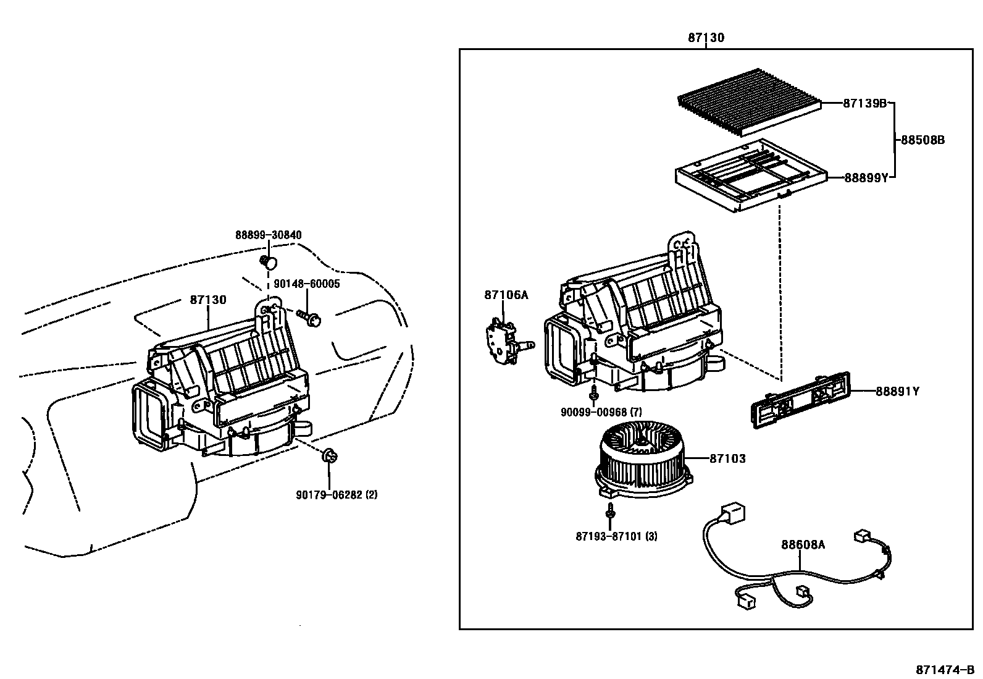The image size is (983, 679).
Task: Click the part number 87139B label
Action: [864, 104]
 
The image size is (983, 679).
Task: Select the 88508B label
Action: [922, 140]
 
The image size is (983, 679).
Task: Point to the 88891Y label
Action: [897, 391]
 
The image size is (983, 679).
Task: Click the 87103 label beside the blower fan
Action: [727, 458]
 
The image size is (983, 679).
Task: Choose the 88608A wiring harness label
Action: [803, 544]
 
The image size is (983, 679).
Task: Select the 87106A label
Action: [506, 295]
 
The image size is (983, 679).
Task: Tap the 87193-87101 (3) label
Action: [616, 536]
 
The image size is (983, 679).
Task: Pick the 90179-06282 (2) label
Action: [337, 495]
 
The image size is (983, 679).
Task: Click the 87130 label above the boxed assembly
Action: [706, 38]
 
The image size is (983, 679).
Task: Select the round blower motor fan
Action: [642, 454]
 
